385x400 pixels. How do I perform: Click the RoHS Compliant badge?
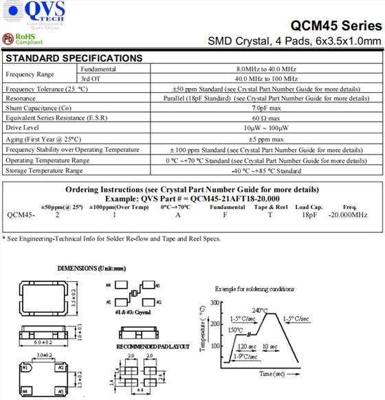[20, 38]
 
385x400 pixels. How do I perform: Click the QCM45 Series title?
[335, 25]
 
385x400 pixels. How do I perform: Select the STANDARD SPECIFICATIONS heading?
[74, 58]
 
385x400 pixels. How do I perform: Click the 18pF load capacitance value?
[309, 215]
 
